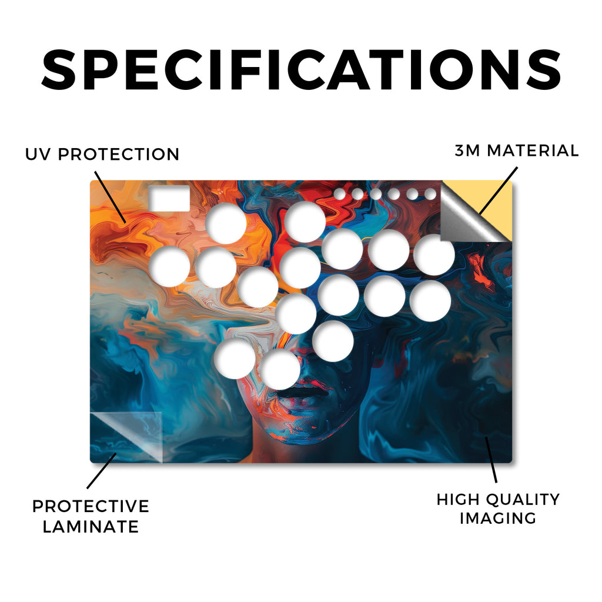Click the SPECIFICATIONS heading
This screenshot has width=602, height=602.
click(301, 69)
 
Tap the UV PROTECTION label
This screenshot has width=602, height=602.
click(102, 155)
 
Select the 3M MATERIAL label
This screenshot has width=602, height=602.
click(516, 150)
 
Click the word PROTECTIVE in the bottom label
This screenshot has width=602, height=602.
click(91, 506)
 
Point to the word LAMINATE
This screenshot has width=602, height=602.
click(91, 526)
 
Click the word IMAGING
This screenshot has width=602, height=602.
click(498, 518)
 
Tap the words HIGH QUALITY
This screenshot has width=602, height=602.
click(498, 499)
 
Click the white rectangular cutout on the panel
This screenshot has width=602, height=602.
click(169, 198)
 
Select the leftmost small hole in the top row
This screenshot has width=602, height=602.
click(339, 194)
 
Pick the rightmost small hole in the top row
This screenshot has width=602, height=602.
click(430, 194)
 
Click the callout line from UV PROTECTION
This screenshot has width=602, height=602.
click(110, 197)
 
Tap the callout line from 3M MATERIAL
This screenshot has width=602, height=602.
click(498, 190)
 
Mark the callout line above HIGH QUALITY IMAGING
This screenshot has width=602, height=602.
click(491, 460)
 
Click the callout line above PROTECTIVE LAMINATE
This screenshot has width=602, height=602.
click(101, 471)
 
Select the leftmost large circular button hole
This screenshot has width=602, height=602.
click(169, 266)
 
